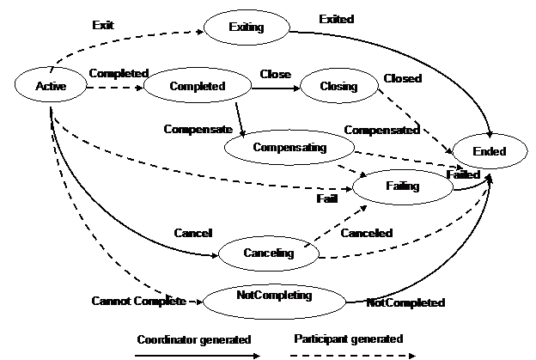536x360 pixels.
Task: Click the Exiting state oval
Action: pos(247,27)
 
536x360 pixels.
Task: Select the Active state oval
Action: pos(52,85)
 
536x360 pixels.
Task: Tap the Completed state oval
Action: pos(197,85)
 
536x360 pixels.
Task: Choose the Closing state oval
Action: pos(338,86)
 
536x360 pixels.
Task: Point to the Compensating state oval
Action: pos(289,147)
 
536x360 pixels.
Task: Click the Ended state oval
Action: pos(490,151)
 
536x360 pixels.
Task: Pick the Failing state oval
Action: pos(402,186)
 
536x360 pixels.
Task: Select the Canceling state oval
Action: pos(268,253)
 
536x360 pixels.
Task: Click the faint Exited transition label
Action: pos(335,19)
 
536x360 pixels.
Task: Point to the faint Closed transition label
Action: pos(405,78)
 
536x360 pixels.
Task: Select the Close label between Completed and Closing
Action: pos(276,75)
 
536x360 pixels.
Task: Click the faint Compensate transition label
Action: pos(198,129)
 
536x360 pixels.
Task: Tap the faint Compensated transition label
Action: pos(384,130)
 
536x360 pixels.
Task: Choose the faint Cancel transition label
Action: pos(192,233)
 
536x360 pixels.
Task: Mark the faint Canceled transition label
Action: pos(367,233)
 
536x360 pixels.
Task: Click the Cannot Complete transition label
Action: pos(138,302)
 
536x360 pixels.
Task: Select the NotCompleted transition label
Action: pos(405,302)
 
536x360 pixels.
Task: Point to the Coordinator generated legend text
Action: pos(194,339)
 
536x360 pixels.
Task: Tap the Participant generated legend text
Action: pos(348,339)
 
